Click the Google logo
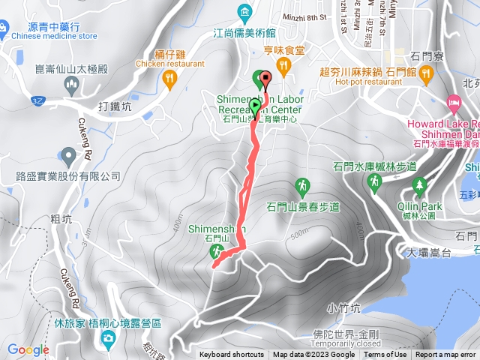click(x=28, y=349)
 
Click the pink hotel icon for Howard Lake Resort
click(x=453, y=101)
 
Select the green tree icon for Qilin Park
click(x=419, y=184)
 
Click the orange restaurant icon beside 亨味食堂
click(x=283, y=66)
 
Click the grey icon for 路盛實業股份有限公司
click(x=68, y=157)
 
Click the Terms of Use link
click(x=385, y=355)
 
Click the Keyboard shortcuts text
click(x=232, y=355)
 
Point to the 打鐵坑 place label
click(x=115, y=106)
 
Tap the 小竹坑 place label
click(x=344, y=307)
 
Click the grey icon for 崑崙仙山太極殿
click(x=72, y=85)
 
